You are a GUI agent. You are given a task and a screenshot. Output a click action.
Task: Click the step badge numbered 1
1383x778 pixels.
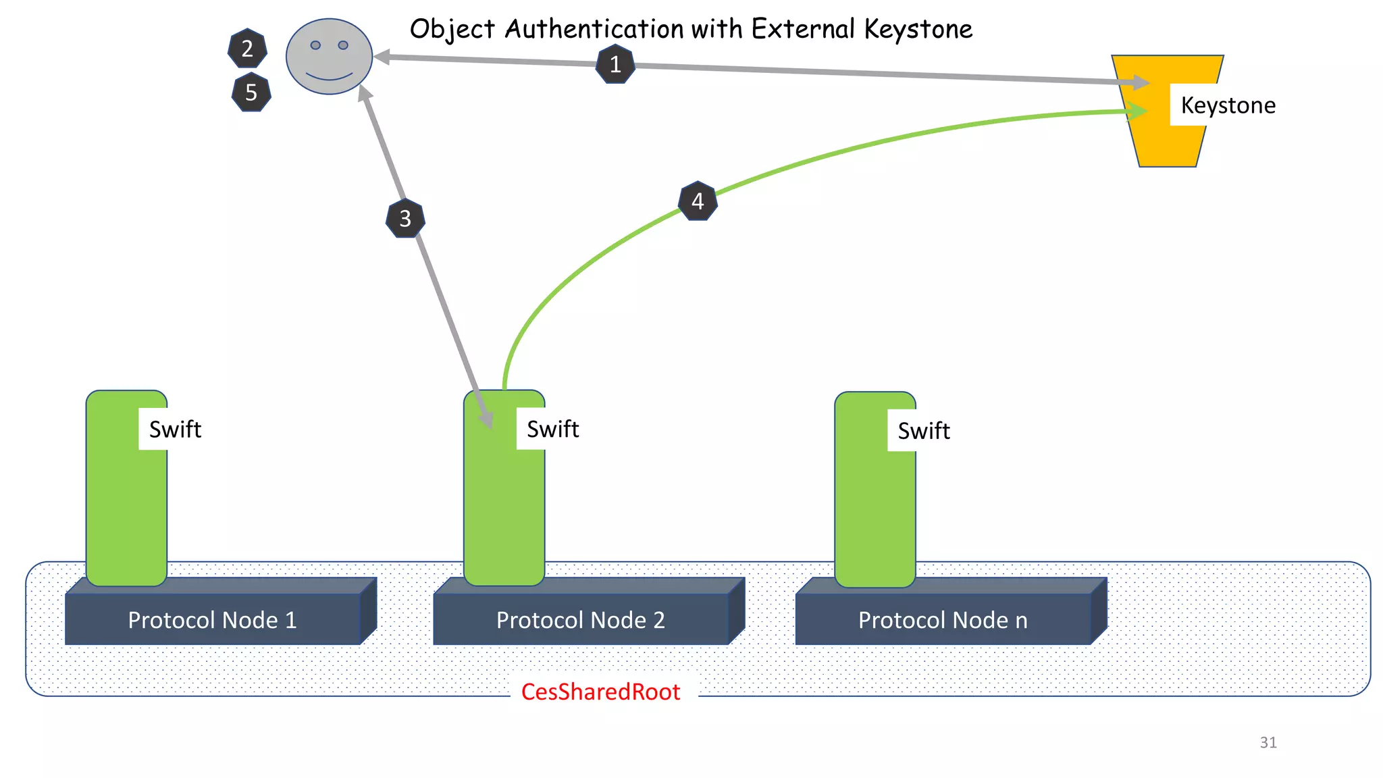tap(615, 64)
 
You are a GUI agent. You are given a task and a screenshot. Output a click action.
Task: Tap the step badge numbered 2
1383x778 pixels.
tap(247, 49)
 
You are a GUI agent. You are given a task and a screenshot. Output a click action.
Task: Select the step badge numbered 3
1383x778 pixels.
tap(405, 218)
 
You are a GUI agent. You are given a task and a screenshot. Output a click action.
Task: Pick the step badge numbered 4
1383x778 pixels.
tap(698, 201)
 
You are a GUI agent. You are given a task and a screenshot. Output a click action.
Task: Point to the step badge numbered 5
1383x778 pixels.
tap(251, 93)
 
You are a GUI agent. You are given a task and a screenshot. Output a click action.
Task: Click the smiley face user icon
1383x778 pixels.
tap(329, 57)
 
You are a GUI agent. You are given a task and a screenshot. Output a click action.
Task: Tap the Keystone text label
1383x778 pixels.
tap(1228, 105)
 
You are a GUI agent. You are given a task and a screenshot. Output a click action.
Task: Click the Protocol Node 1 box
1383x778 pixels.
tap(213, 619)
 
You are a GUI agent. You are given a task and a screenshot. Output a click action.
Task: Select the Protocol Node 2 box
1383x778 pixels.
tap(581, 619)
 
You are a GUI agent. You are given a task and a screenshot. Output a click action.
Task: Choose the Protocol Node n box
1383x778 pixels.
tap(943, 619)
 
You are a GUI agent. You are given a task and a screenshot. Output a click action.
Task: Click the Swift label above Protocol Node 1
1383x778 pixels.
tap(175, 430)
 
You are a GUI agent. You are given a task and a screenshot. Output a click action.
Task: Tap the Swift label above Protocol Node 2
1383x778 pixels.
tap(552, 429)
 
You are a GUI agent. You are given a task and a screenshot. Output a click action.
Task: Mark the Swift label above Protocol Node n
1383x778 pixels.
tap(923, 431)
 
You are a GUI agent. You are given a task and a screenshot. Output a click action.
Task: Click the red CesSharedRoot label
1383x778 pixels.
tap(600, 692)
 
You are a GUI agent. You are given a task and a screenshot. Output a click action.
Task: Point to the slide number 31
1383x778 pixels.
tap(1268, 742)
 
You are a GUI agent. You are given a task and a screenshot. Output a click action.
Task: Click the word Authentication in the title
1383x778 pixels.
tap(594, 29)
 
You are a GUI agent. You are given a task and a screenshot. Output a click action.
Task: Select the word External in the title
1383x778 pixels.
tap(804, 29)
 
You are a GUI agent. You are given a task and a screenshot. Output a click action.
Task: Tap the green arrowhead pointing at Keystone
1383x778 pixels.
tap(1139, 111)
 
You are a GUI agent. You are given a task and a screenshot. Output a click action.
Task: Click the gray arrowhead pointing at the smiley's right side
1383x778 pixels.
tap(382, 57)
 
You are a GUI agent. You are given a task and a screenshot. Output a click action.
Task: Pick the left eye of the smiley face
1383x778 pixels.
tap(315, 45)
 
